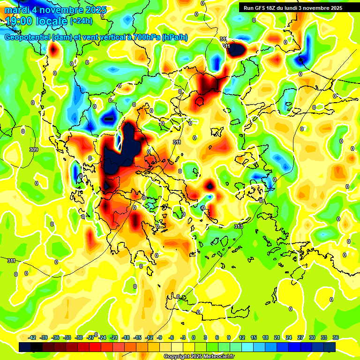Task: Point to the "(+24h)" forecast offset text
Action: tap(81, 21)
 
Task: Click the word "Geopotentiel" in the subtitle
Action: tap(28, 37)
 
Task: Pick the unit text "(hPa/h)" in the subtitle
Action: tap(174, 37)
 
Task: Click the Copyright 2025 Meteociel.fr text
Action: tap(199, 356)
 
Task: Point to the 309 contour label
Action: tap(33, 150)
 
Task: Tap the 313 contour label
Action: tap(239, 226)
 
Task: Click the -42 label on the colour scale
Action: tap(32, 337)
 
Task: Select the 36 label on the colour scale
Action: tap(336, 337)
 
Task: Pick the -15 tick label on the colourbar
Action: tap(137, 337)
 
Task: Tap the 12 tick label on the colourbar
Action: tap(242, 337)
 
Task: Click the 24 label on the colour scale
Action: tap(289, 337)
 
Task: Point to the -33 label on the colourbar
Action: tap(67, 337)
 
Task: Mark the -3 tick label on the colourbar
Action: tap(183, 337)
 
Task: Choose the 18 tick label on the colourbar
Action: tap(265, 337)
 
